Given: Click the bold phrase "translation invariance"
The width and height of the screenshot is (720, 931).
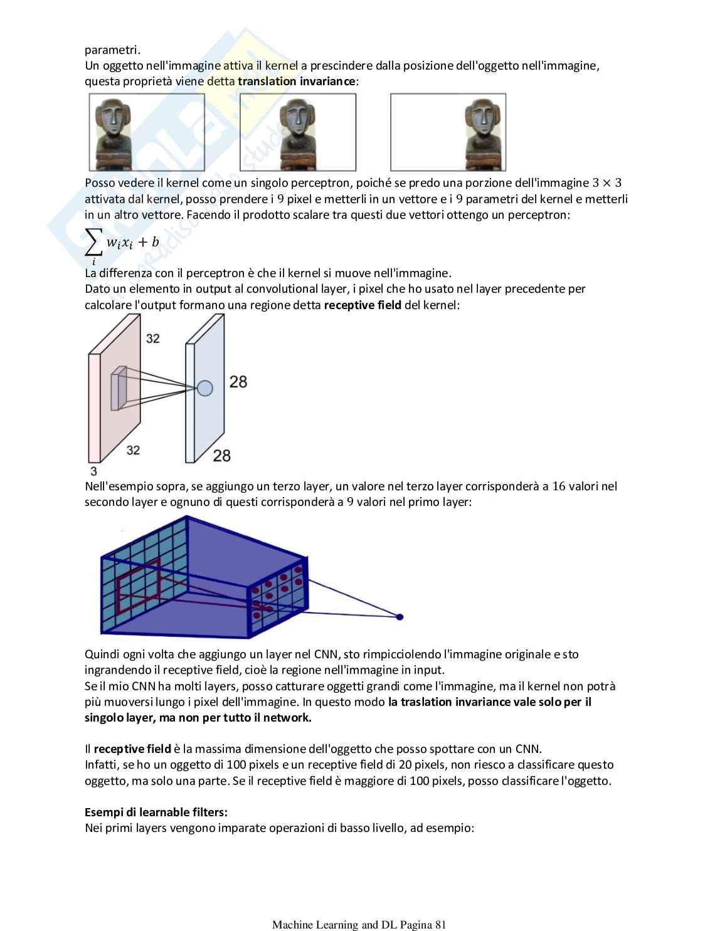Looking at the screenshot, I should (297, 82).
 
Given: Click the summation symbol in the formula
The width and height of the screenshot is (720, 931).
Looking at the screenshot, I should (93, 243).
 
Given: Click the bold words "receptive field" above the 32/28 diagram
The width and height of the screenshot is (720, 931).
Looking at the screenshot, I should (363, 305).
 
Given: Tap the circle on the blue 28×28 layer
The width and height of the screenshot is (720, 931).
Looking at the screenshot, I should (205, 389).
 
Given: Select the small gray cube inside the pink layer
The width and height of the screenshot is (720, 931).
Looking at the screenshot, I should (119, 389).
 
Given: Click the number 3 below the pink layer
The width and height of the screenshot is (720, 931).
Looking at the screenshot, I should (93, 471).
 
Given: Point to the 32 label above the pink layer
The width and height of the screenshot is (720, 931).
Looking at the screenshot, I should (153, 339).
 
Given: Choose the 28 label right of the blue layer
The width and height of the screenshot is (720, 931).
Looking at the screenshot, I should (238, 381).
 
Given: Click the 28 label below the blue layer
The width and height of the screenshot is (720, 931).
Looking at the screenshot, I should (222, 456).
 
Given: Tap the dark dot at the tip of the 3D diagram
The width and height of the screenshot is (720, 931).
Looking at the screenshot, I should (400, 617).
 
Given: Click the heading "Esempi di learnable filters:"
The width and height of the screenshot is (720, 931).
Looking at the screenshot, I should (156, 813).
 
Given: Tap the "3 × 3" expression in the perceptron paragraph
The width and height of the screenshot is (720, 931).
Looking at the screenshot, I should (606, 183).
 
